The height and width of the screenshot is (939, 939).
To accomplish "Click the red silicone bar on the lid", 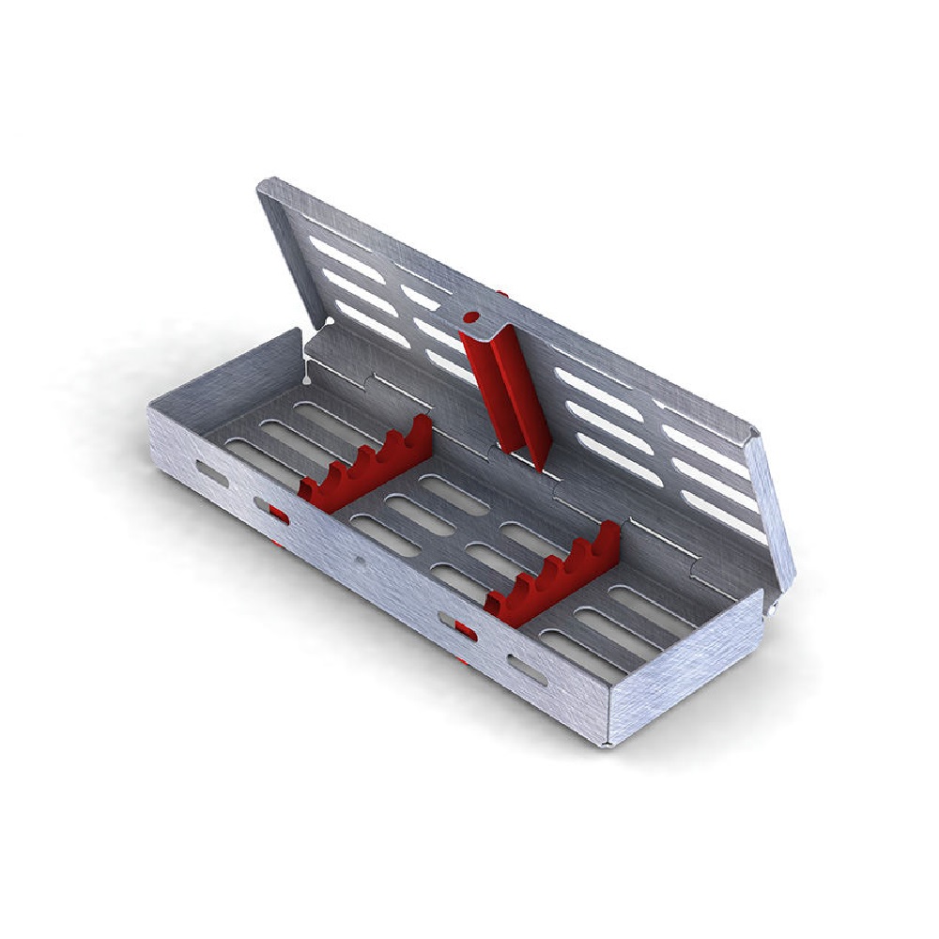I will tap(502, 390).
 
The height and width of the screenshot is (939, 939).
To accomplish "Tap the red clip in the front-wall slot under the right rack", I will tap(463, 630).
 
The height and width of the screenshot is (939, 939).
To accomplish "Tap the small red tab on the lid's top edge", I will tap(504, 294).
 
